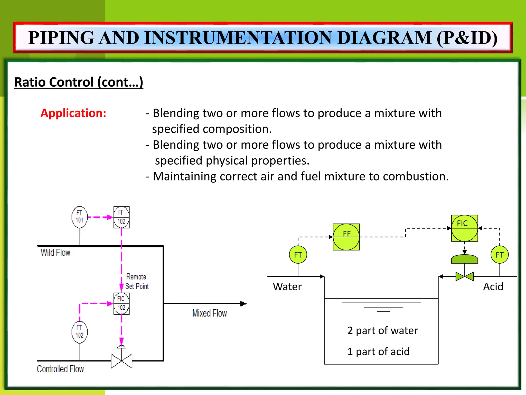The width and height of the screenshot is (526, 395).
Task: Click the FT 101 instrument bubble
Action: [79, 217]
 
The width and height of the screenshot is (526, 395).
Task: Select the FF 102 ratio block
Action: [121, 217]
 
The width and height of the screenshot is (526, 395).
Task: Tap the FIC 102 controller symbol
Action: [121, 303]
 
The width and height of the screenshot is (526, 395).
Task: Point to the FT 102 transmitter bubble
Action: [79, 332]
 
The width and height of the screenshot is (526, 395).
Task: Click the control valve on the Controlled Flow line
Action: [121, 361]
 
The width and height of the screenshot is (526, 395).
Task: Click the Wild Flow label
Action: [55, 253]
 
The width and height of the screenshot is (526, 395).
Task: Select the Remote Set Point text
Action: [137, 281]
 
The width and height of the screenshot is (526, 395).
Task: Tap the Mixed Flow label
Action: [209, 313]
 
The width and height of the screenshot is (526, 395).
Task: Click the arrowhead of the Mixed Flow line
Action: [243, 303]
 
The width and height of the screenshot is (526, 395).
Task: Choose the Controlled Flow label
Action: [60, 369]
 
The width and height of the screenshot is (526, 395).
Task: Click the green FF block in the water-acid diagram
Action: [346, 237]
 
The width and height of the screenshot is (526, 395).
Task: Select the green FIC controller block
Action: [464, 228]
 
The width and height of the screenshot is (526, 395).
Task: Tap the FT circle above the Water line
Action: [298, 255]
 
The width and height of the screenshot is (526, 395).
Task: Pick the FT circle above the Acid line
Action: [499, 255]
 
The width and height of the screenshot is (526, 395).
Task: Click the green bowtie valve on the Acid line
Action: [464, 276]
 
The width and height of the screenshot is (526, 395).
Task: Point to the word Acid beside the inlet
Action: [493, 286]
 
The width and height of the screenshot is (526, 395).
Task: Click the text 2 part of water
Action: [382, 330]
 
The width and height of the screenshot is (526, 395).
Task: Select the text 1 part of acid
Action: [378, 352]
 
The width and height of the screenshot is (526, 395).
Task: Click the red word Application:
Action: [73, 113]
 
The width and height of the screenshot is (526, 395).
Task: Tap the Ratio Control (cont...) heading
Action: [79, 82]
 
